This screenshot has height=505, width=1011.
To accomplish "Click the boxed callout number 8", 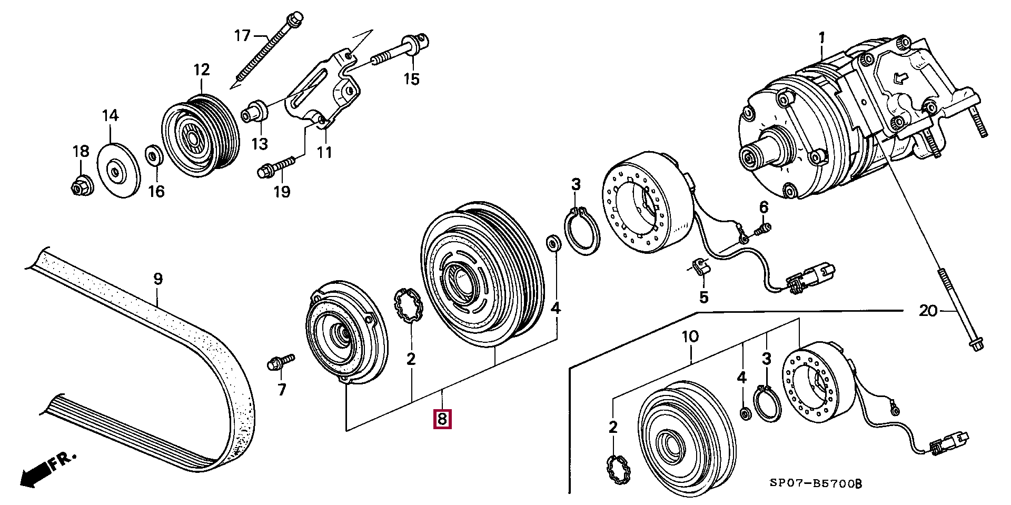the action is point(442,419).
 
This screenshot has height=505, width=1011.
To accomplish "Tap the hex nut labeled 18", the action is point(82,185).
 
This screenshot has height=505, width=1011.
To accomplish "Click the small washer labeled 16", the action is point(154,156).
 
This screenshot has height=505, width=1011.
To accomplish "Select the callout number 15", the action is point(411,79).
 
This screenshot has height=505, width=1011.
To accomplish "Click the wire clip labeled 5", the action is point(699,266).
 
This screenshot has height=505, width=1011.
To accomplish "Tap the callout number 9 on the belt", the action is point(158,279).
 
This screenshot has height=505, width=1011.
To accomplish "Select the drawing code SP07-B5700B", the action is point(816,483).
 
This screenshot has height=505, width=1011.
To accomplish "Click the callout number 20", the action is point(928,311).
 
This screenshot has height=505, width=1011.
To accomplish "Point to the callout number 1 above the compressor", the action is point(821,38).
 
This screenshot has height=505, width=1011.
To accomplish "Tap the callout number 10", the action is point(690,336).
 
